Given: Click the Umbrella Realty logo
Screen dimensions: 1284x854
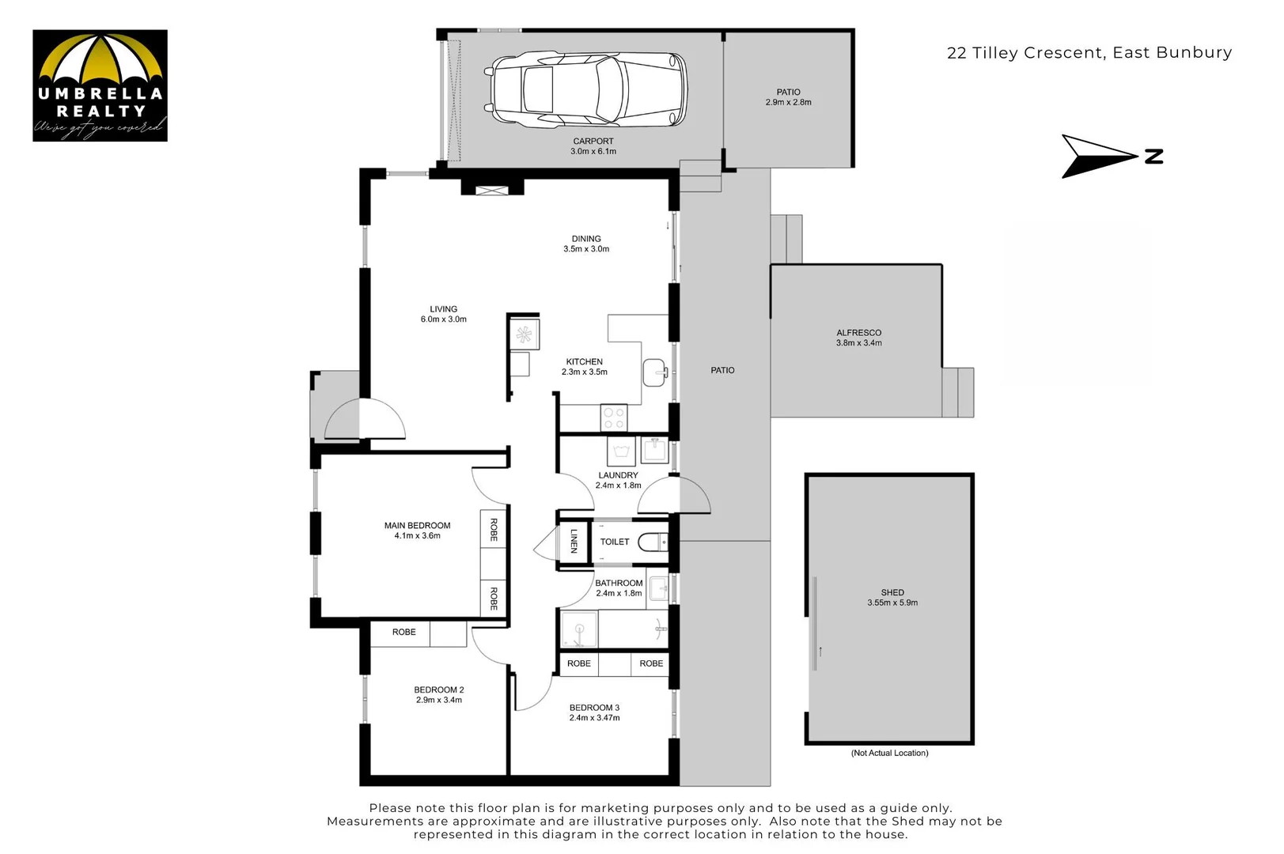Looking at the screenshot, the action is (x=100, y=85).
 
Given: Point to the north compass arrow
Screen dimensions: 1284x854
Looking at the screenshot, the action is (x=1100, y=157).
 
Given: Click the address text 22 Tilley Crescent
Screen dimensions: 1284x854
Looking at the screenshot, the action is (x=1025, y=53).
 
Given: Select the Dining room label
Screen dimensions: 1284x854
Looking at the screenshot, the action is (x=585, y=239).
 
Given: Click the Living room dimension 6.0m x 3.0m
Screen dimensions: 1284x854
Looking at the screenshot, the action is (x=444, y=319).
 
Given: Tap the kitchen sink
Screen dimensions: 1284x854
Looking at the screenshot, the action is (x=655, y=372).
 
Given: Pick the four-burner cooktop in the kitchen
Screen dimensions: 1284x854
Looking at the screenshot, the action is (x=613, y=418).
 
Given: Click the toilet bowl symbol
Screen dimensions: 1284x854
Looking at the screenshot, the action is (x=653, y=542).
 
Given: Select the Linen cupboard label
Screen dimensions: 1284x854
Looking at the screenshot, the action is (x=574, y=541).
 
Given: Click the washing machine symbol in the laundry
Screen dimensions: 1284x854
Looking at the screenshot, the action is (x=621, y=452).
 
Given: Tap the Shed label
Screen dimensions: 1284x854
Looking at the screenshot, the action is (x=892, y=592).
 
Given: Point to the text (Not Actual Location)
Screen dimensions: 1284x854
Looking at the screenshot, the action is (x=890, y=753).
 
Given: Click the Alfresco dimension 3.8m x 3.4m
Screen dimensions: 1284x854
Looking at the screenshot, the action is (x=858, y=343).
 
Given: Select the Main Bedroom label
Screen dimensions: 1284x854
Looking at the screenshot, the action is (x=417, y=525).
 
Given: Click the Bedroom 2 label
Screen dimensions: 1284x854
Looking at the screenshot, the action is (x=439, y=690).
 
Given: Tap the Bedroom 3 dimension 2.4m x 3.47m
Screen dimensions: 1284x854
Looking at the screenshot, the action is (x=594, y=718).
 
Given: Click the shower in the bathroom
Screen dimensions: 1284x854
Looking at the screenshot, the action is (x=579, y=629).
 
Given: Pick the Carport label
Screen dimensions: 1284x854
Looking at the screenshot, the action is (x=593, y=141).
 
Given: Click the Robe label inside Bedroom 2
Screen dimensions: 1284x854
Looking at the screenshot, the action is (x=404, y=632).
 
